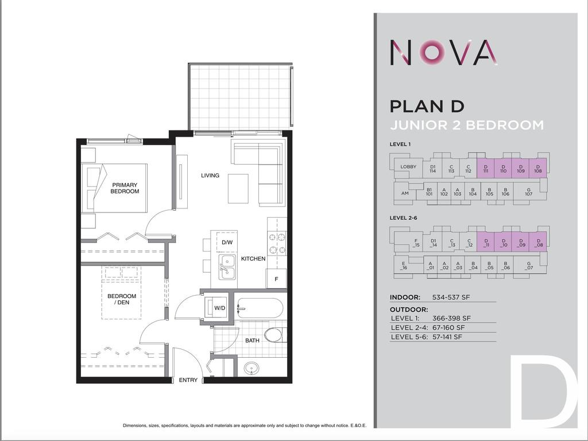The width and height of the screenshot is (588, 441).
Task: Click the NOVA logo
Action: coord(443,52)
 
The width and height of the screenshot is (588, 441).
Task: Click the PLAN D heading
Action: coord(427,106)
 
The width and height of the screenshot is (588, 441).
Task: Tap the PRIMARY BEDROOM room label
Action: coord(125,188)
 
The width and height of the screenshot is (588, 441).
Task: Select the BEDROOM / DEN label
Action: coord(122,299)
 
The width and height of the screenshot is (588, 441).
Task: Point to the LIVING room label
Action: coord(210,175)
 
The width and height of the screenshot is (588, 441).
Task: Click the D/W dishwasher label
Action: coord(227,242)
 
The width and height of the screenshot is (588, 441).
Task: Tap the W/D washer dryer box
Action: coord(219,308)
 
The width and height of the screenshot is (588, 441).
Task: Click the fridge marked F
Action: coord(276,278)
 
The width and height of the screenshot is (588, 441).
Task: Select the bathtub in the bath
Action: coord(260,309)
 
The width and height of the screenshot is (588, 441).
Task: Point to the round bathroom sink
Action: coord(251,368)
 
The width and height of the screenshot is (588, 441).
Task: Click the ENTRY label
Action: coord(188,380)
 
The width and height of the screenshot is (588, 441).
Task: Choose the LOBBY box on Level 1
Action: coord(408,167)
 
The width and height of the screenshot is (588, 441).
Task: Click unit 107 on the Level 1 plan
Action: coord(529,194)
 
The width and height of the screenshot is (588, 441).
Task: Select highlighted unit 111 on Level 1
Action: coord(486,168)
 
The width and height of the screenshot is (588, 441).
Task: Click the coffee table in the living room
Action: coord(238,188)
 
